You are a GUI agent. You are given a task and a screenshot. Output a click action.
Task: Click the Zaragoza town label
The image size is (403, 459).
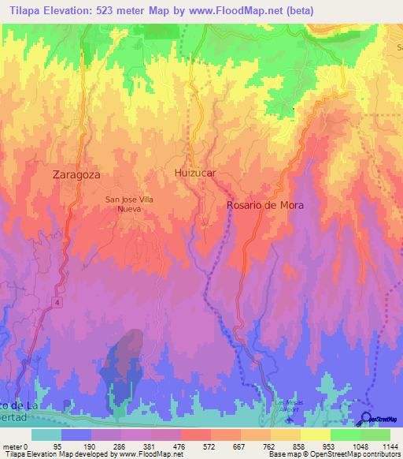tap(77, 175)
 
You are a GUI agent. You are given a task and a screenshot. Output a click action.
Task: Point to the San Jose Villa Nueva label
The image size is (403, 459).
tap(129, 204)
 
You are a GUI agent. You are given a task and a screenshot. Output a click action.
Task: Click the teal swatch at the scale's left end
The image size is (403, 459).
tap(46, 435)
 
